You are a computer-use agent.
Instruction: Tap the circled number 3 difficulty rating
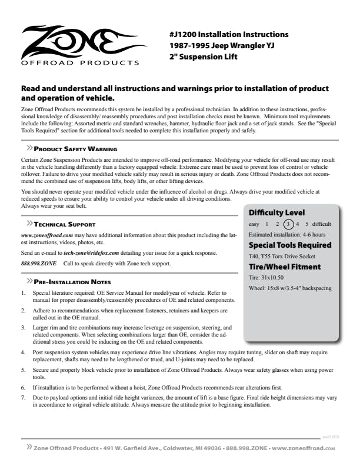[288, 224]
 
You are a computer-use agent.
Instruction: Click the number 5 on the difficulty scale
[306, 224]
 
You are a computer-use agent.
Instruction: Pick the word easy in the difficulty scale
[254, 224]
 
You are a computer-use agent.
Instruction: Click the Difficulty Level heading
[276, 212]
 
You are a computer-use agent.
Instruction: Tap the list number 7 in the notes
[23, 397]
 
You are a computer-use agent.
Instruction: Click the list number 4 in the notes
[23, 352]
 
